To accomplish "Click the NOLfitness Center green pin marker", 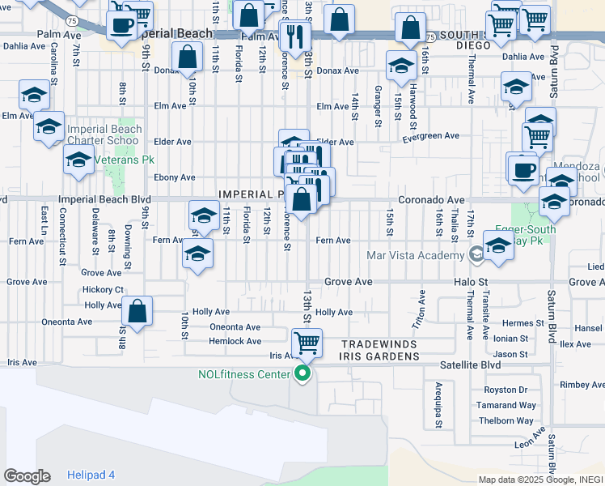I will click(302, 373).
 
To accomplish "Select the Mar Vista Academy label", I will click(416, 255).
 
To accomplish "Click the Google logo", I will click(27, 476).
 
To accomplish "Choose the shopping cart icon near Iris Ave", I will click(307, 343).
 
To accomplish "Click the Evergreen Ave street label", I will click(431, 136).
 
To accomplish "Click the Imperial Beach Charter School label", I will click(104, 134).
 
